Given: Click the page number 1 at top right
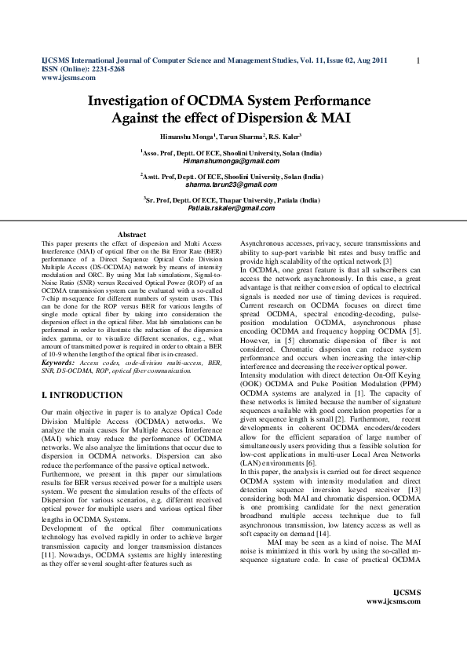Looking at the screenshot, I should tap(418, 60).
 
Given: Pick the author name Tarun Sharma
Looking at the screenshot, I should tap(242, 137).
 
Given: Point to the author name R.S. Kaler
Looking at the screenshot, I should tap(286, 137).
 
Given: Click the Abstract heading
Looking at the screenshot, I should tap(132, 235).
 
